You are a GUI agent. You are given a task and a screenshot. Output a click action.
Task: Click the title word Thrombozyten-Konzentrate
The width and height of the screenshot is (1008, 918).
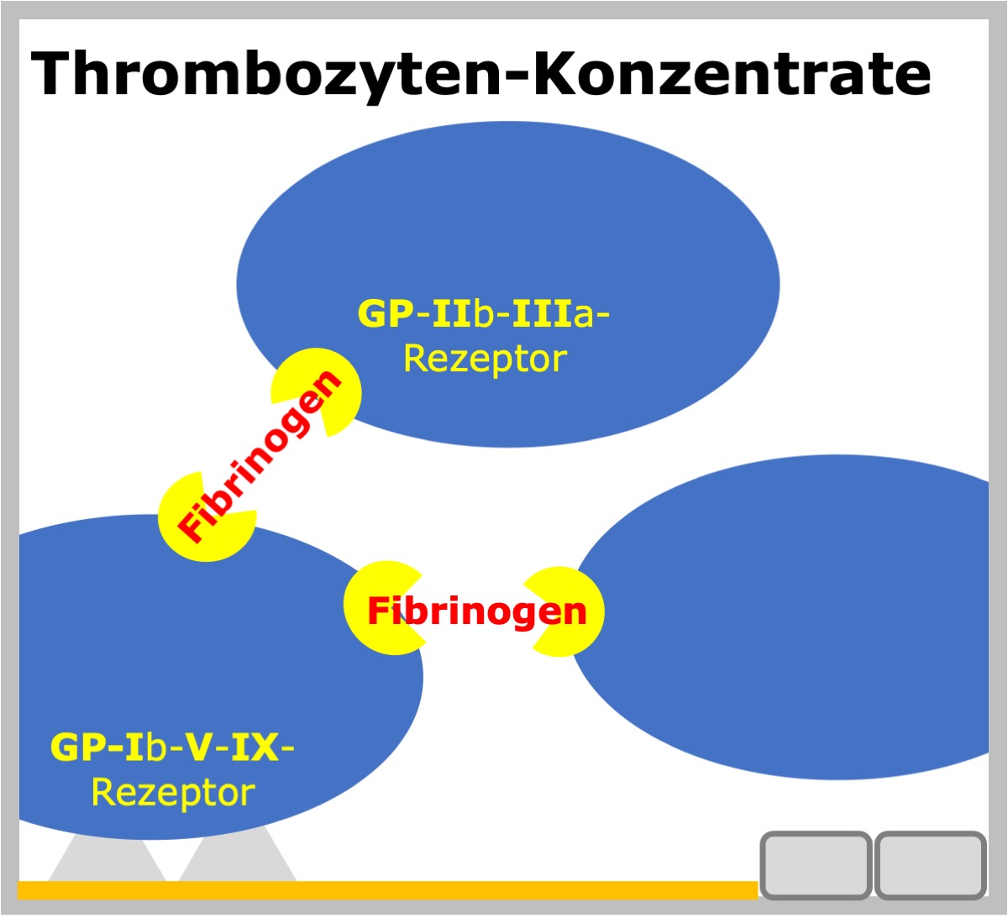click(480, 76)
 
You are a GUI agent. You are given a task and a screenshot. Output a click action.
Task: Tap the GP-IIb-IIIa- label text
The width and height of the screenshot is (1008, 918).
click(483, 313)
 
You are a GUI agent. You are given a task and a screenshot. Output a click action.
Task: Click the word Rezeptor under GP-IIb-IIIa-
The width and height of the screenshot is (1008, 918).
click(486, 359)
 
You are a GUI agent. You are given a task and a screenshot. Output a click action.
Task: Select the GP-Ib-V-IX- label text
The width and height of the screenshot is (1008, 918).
click(172, 748)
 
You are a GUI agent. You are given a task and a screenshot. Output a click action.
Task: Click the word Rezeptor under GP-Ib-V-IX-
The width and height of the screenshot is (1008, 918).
click(173, 794)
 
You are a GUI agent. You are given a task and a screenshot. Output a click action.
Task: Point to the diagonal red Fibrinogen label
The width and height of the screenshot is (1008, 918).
click(260, 457)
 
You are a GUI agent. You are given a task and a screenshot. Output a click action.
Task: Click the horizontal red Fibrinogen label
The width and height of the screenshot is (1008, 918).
click(477, 611)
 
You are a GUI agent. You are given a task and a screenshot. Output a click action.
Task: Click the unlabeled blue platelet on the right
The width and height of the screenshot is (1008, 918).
click(784, 617)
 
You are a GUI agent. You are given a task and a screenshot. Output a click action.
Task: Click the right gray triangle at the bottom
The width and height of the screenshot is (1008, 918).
click(237, 857)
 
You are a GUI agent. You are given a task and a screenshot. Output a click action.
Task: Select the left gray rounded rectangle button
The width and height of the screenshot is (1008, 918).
click(816, 865)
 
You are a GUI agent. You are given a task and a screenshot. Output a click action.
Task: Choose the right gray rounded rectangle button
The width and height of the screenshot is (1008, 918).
click(930, 865)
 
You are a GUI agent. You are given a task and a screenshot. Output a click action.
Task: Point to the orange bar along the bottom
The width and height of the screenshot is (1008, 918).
click(388, 889)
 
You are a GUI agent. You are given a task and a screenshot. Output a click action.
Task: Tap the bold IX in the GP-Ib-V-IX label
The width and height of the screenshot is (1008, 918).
click(255, 748)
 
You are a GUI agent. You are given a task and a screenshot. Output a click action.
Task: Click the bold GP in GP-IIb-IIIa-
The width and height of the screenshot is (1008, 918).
click(386, 313)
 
